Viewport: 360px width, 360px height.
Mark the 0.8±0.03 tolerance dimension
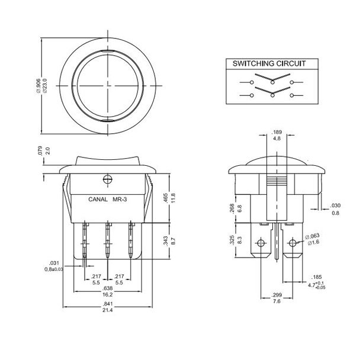(54, 269)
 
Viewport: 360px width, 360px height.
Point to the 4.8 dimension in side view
(276, 139)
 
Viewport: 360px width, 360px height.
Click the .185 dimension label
(317, 277)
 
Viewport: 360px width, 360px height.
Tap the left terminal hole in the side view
(259, 243)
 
